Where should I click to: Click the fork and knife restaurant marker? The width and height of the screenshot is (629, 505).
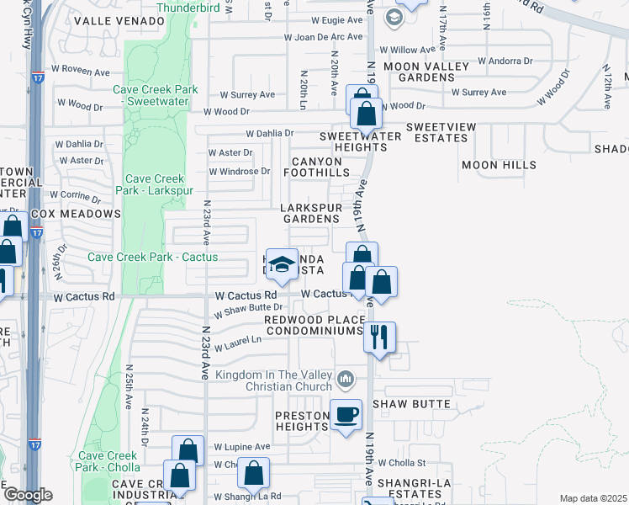pyautogui.click(x=379, y=338)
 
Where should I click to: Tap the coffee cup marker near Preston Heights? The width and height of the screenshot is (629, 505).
pyautogui.click(x=346, y=415)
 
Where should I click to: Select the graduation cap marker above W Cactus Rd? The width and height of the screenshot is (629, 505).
pyautogui.click(x=282, y=263)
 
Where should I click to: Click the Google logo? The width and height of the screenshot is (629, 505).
pyautogui.click(x=27, y=495)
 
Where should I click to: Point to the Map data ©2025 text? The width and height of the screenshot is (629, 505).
pyautogui.click(x=593, y=498)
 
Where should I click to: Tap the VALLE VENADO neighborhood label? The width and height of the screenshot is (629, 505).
pyautogui.click(x=131, y=20)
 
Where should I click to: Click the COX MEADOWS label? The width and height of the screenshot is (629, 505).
pyautogui.click(x=77, y=214)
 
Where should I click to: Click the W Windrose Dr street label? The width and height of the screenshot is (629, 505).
pyautogui.click(x=240, y=171)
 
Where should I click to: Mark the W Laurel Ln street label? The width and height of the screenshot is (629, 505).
pyautogui.click(x=239, y=346)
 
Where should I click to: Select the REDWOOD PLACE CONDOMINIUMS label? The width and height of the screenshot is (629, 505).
pyautogui.click(x=313, y=325)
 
